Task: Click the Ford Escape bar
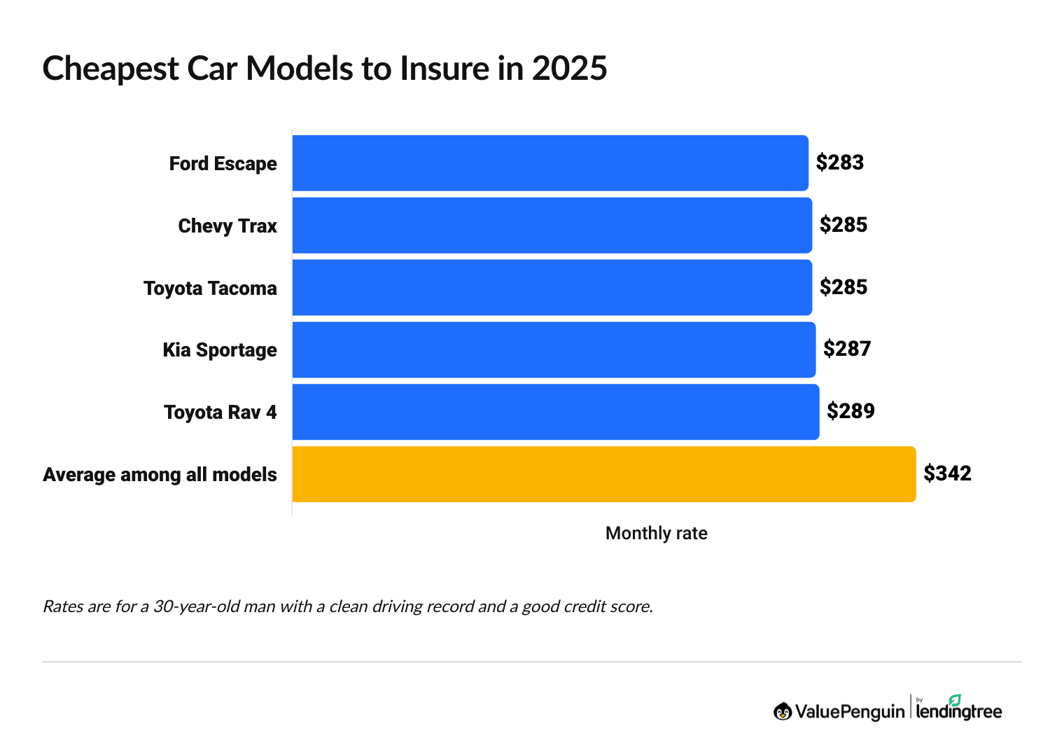tap(550, 163)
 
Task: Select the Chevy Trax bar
tap(552, 226)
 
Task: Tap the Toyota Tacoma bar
tap(552, 288)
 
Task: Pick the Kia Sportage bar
tap(554, 349)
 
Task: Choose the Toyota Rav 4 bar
tap(555, 412)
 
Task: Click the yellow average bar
tap(603, 474)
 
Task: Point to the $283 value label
tap(840, 162)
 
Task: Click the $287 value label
tap(847, 349)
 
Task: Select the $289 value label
tap(850, 411)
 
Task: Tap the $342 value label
tap(947, 473)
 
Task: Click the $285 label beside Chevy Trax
tap(843, 225)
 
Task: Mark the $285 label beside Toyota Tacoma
tap(843, 287)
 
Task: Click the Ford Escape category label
tap(223, 164)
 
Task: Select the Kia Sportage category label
tap(220, 350)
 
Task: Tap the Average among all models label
tap(160, 475)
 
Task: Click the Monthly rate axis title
tap(656, 534)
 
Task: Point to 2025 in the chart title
tap(569, 69)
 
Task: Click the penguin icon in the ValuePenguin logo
tap(783, 712)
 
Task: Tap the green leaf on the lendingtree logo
tap(955, 700)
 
